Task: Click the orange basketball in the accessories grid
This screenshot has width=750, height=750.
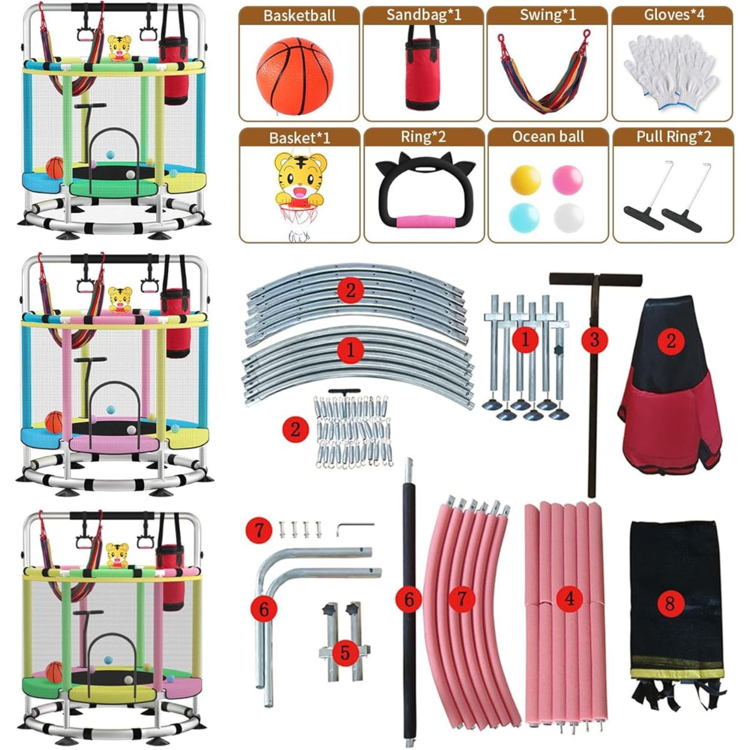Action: pos(295,76)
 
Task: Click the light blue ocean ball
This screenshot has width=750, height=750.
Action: pos(524,217)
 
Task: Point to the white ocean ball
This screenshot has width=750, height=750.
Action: pos(568,218)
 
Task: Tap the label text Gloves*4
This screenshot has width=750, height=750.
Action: pos(674,15)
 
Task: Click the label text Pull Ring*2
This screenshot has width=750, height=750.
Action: pos(674,137)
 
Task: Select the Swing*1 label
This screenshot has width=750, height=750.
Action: pos(547,15)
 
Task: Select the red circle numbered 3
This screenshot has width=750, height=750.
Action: pos(594,340)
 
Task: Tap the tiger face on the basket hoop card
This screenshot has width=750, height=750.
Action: pos(300,175)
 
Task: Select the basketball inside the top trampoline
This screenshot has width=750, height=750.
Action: pos(55,168)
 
